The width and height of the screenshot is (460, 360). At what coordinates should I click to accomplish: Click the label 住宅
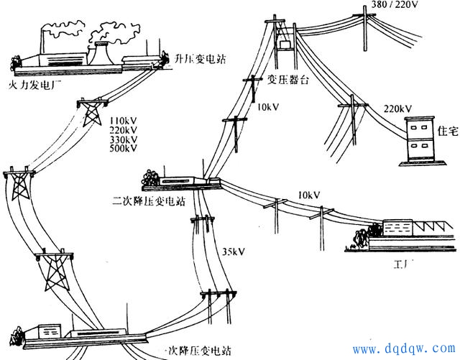[446, 130]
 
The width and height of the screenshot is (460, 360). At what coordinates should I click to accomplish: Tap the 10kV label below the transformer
[267, 107]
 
